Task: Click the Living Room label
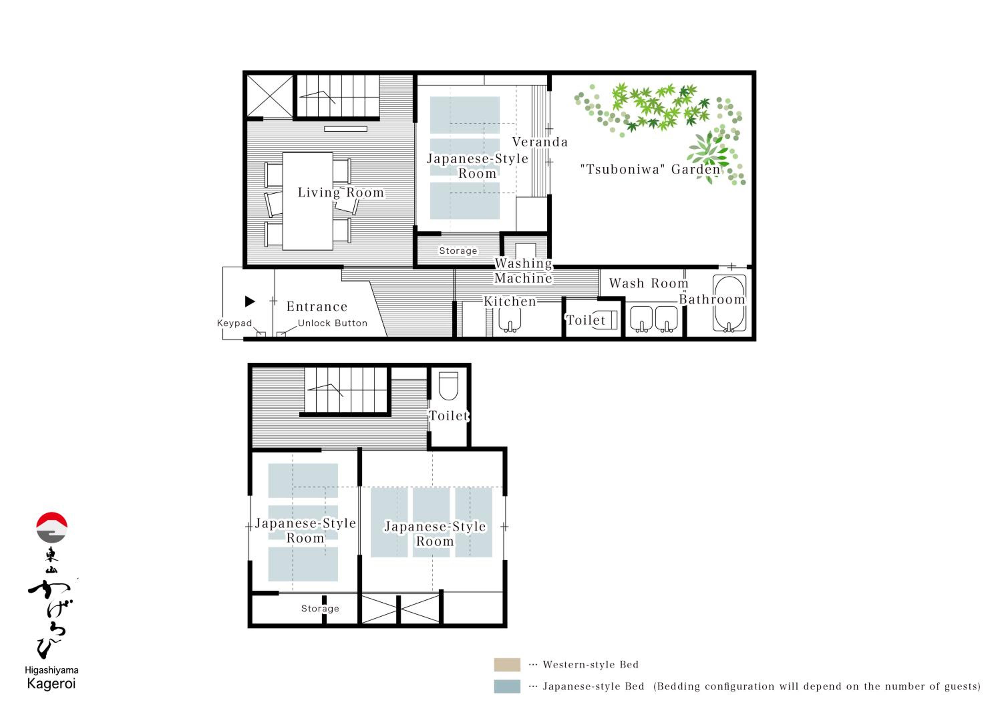point(341,192)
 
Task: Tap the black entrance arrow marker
point(249,301)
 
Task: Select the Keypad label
point(234,323)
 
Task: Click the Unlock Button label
point(333,323)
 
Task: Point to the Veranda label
point(540,142)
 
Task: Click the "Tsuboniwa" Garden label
point(650,169)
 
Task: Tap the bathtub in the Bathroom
point(729,303)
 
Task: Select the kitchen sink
point(510,320)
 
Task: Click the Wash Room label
point(649,283)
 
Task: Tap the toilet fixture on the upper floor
point(448,386)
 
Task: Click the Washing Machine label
point(523,271)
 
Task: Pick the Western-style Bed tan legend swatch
point(507,665)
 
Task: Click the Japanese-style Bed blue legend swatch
point(507,686)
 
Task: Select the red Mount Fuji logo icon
point(51,527)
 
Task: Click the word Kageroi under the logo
point(51,684)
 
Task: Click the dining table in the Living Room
point(308,201)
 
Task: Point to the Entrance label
point(317,306)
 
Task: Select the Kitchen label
point(510,301)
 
